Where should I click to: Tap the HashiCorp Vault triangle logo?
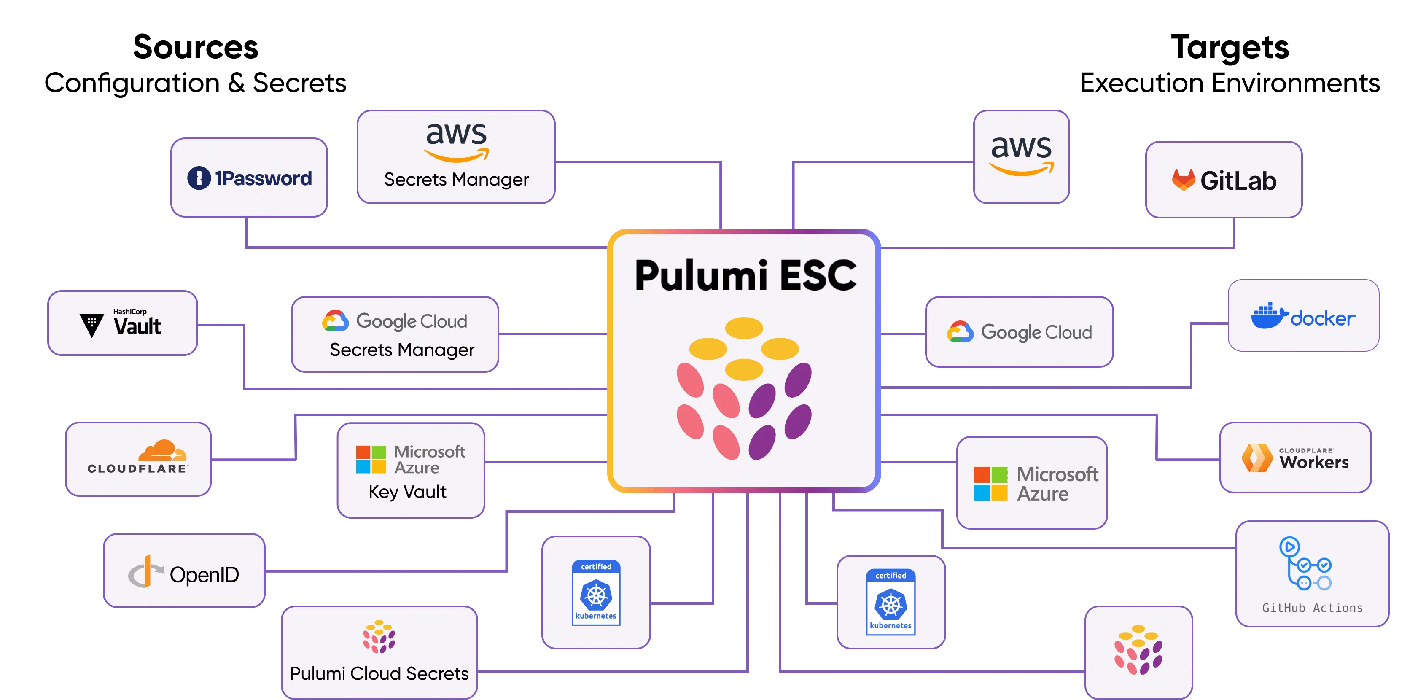[x=91, y=325]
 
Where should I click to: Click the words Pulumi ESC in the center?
[x=745, y=275]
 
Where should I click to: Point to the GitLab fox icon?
[x=1183, y=180]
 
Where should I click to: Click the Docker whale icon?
[x=1268, y=316]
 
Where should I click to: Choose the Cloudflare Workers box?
[x=1295, y=458]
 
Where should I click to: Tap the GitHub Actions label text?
[x=1312, y=608]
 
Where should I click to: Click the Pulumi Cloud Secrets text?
[x=379, y=673]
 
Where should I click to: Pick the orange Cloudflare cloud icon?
[x=162, y=451]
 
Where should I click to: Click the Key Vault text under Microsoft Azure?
[x=407, y=492]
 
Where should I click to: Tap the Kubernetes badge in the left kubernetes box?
[x=596, y=592]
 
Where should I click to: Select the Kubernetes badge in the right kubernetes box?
[x=890, y=602]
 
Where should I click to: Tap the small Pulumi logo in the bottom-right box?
[x=1138, y=649]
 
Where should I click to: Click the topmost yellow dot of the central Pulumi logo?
[x=744, y=327]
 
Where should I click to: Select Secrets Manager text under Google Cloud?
[x=402, y=350]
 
